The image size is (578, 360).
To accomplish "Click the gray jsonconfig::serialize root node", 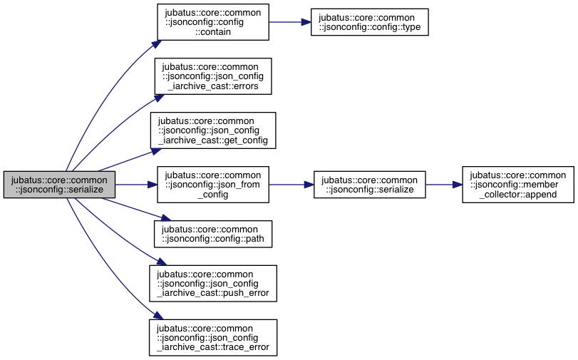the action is [x=59, y=185].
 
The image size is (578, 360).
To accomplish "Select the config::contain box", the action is [x=213, y=22].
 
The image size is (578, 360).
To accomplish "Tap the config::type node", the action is [x=369, y=22].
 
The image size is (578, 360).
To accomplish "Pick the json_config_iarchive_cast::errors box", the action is [x=213, y=76].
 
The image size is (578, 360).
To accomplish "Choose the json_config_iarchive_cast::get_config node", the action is [x=213, y=130].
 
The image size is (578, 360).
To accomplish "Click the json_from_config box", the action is [x=213, y=185].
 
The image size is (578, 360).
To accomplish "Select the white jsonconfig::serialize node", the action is [x=370, y=185].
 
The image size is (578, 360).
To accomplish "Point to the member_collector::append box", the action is [x=518, y=185].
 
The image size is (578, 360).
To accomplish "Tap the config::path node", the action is [x=213, y=234].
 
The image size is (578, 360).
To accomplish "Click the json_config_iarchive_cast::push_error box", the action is [x=213, y=283].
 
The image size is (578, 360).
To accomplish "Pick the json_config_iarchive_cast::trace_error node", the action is [x=213, y=337].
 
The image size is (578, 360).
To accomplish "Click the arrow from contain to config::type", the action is [x=290, y=22].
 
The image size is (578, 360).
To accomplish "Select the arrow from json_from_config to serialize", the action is [x=291, y=185].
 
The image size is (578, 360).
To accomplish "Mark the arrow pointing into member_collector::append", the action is [x=444, y=185].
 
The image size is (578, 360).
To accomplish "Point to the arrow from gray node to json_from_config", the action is [x=136, y=185].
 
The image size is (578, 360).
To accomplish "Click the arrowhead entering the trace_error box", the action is [x=158, y=315].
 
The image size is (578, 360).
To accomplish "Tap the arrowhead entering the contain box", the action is [x=157, y=44].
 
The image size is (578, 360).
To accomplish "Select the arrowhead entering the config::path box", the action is [x=166, y=218].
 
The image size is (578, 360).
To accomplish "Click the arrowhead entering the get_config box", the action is [x=156, y=151].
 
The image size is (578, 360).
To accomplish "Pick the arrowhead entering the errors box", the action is [x=159, y=98].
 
